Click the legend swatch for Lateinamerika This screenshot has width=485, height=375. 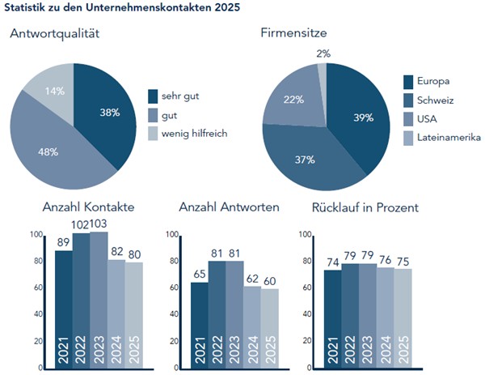click(409, 139)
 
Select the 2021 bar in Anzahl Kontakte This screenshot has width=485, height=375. click(63, 308)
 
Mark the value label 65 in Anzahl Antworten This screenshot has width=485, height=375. click(200, 275)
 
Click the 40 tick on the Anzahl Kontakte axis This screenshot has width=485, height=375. click(36, 315)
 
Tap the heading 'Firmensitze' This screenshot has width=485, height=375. click(293, 34)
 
